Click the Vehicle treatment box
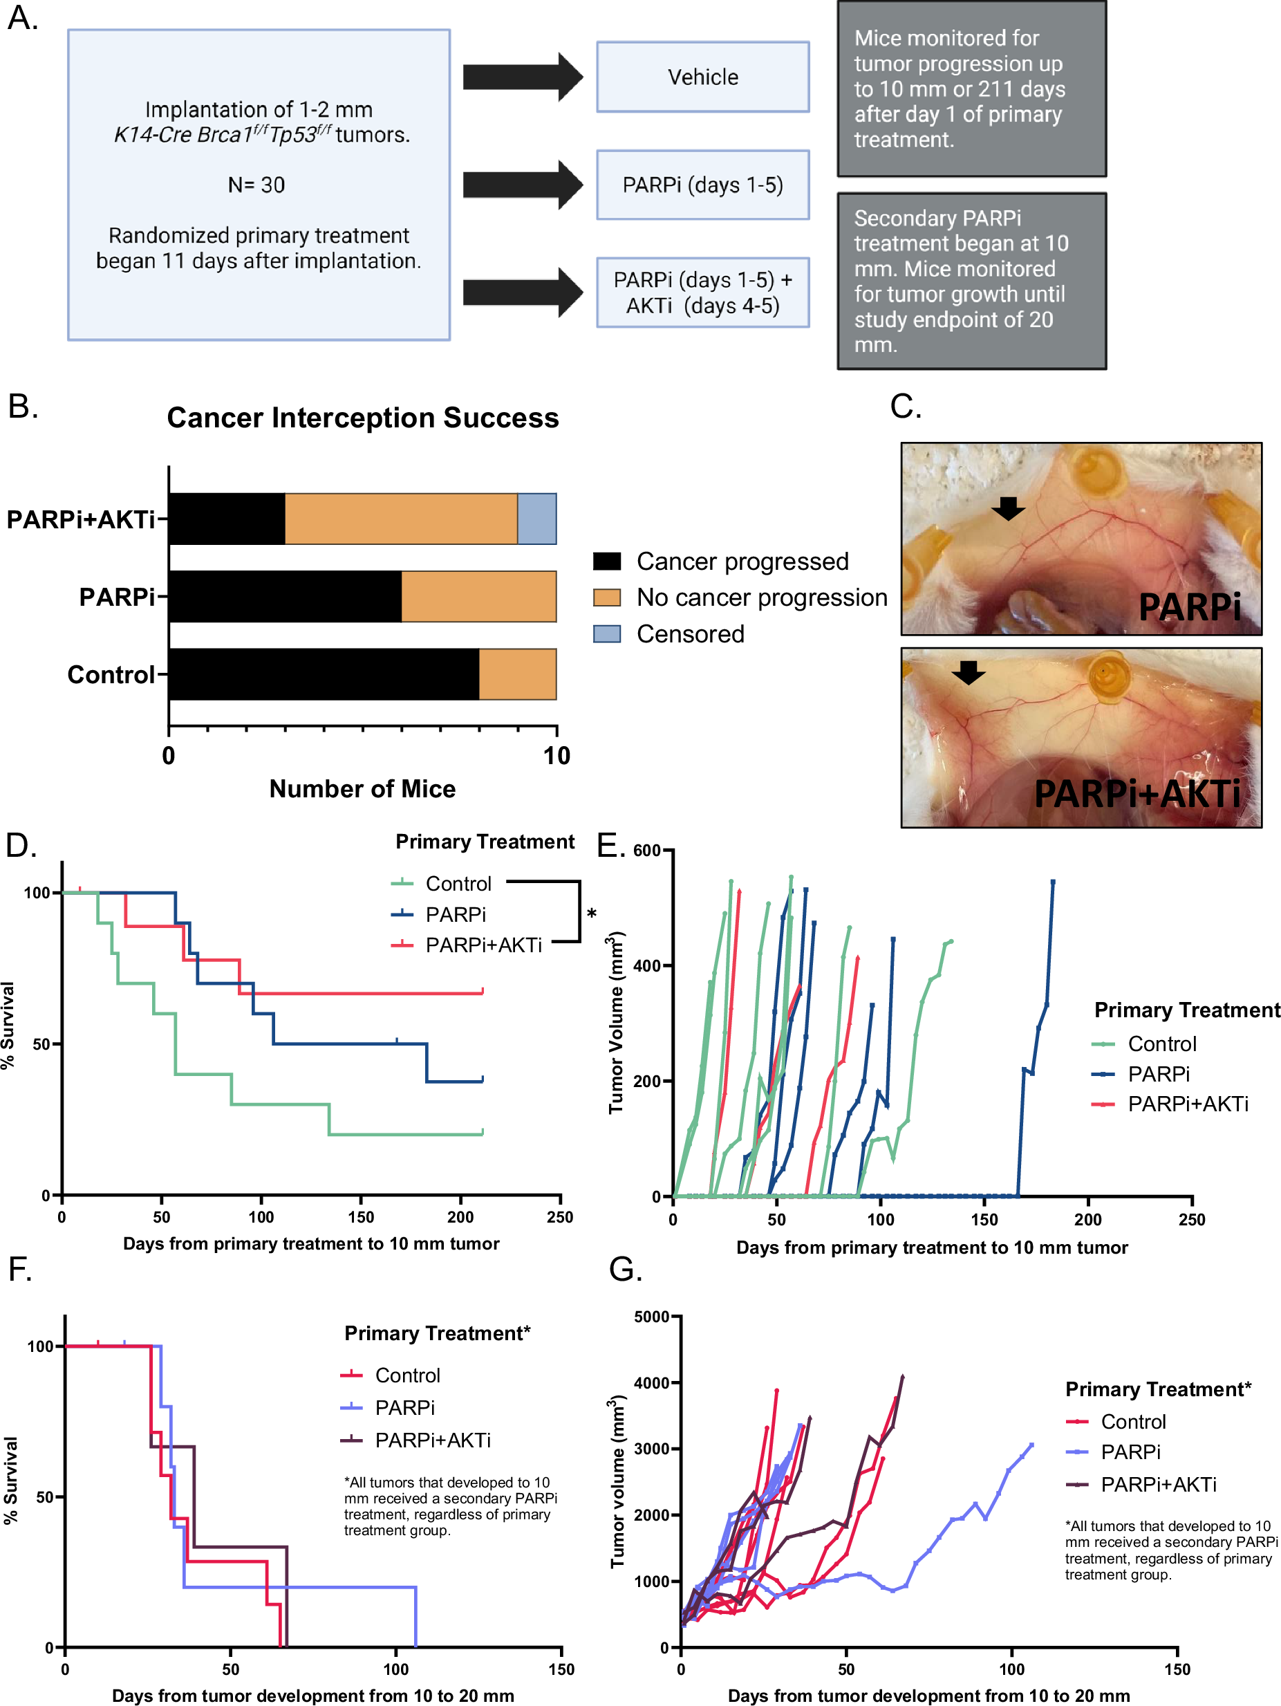pos(702,77)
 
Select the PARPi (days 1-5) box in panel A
pos(702,185)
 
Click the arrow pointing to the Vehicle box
pos(522,77)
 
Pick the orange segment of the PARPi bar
pos(479,596)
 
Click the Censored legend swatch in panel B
pos(606,634)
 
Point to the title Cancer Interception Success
pos(362,418)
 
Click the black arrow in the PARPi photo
pos(1007,508)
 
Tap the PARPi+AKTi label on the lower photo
pos(1137,794)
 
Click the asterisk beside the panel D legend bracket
pos(592,914)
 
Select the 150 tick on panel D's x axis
pos(361,1217)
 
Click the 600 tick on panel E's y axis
pos(646,851)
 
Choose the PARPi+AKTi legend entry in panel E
pos(1188,1104)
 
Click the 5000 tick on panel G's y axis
pos(652,1317)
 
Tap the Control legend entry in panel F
pos(407,1375)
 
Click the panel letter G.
pos(625,1270)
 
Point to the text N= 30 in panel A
pos(256,185)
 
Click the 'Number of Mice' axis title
pos(362,789)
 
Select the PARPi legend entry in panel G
pos(1130,1452)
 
